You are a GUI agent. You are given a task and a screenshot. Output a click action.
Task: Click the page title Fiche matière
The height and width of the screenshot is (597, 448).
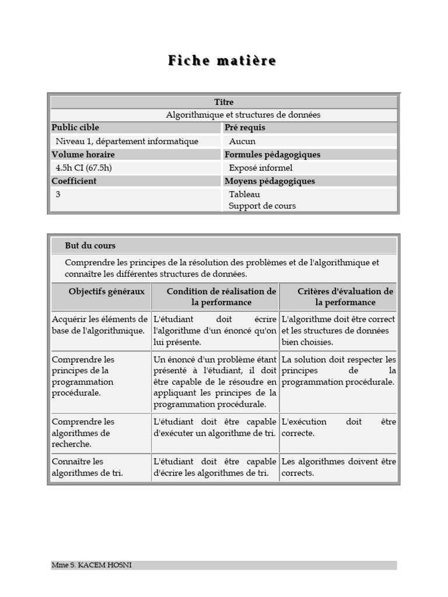pos(222,61)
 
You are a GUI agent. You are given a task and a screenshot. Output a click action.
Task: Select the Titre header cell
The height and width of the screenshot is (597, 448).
pos(223,102)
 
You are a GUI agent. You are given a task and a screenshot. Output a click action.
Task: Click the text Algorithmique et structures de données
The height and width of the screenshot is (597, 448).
pos(243,115)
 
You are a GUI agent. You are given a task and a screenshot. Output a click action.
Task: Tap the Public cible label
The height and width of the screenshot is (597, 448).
pos(75,128)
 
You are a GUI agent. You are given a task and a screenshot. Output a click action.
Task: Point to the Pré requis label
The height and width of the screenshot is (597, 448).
pos(244,128)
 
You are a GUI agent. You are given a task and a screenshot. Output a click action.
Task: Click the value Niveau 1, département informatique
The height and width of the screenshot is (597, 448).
pos(127,141)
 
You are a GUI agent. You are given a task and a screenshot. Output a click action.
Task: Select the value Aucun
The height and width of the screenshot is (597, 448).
pos(242,141)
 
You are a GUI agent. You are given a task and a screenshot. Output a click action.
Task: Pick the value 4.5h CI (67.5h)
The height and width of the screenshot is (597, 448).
pos(83,168)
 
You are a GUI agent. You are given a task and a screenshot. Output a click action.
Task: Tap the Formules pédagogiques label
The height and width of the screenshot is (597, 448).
pos(272,154)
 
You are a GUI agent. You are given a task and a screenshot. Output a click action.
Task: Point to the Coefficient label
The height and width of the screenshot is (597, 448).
pos(74,181)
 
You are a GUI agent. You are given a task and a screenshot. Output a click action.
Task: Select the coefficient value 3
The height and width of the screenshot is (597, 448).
pos(58,194)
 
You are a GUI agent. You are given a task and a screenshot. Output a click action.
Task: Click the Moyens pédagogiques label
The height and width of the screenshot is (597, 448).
pos(269,181)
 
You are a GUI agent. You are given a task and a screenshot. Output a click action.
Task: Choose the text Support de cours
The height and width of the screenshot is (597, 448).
pos(262,206)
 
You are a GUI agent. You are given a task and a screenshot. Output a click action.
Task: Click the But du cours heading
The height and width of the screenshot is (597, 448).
pos(90,245)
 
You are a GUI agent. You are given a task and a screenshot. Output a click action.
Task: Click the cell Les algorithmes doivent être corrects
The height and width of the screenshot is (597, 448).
pos(338,467)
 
